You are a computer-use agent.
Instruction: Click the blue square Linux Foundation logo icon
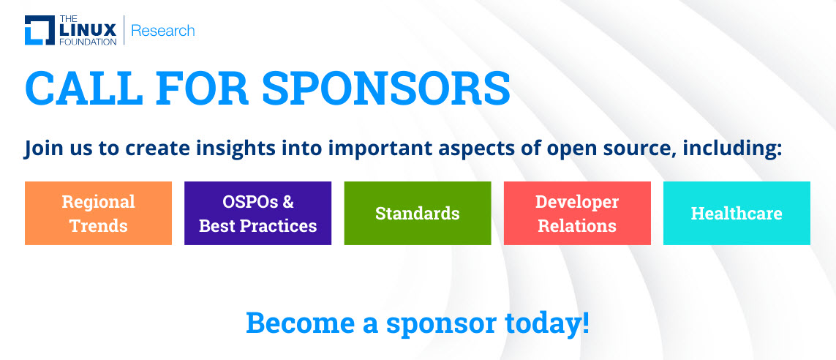pos(39,31)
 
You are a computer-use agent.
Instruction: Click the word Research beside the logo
pos(162,31)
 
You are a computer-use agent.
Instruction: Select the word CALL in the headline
pos(83,88)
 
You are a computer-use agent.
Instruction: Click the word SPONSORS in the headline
pos(386,88)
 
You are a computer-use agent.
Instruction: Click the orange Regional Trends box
pos(98,214)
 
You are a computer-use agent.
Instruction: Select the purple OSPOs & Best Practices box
pos(258,214)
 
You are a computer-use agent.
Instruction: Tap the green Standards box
pos(418,214)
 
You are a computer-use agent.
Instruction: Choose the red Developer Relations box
pos(577,214)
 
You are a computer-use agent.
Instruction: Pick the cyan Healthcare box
pos(737,214)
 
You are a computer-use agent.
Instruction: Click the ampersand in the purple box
pos(288,202)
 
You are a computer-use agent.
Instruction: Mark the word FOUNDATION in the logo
pos(88,42)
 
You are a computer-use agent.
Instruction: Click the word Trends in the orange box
pos(99,225)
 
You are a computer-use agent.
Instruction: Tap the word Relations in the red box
pos(577,225)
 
